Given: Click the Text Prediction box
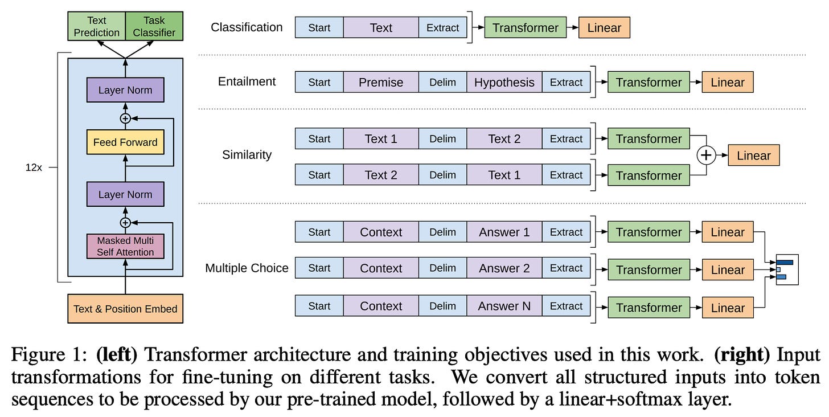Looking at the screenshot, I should tap(96, 27).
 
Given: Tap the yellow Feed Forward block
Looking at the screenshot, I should tap(125, 142).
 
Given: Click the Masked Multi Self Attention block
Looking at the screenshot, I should tap(125, 246).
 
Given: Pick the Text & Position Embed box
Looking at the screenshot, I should tap(125, 309).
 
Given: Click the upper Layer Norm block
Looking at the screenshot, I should tap(125, 90).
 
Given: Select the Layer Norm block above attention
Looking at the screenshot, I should tap(125, 194).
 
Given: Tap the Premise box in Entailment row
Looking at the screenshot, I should tap(380, 82).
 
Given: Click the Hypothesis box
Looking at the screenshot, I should tap(504, 82).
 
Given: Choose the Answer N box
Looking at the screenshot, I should tap(504, 306).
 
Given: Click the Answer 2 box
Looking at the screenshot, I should tap(504, 268).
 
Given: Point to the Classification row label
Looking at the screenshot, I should tap(247, 27).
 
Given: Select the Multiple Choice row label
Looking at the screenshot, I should tap(247, 268).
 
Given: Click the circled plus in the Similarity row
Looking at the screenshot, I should tap(707, 156).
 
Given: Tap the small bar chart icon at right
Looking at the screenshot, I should tap(787, 269).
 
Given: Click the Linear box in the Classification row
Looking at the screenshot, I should tap(604, 27).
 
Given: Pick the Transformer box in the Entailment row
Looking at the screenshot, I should tap(649, 82).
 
